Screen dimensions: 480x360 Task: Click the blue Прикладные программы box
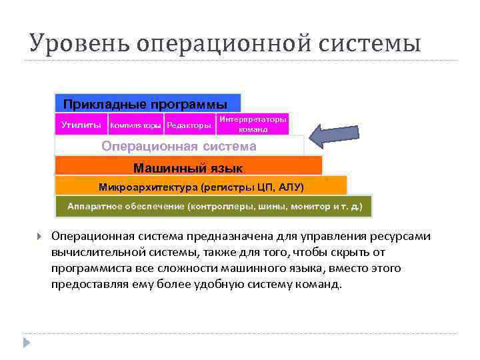coord(147,103)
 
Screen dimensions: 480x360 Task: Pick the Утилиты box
coord(81,125)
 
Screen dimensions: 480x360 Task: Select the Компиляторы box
coord(136,125)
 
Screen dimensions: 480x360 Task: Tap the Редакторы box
coord(189,125)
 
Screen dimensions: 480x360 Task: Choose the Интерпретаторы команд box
coord(253,124)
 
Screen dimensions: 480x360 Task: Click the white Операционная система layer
coord(179,146)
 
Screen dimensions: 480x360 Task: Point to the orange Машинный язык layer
coord(188,166)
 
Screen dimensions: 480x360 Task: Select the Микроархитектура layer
coord(201,186)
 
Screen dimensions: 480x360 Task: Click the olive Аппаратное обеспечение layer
coord(214,207)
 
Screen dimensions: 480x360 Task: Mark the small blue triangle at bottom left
coord(27,343)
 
